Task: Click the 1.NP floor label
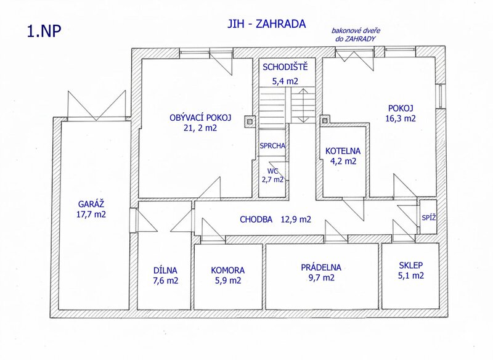[x=44, y=31]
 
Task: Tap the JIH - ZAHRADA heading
[x=267, y=24]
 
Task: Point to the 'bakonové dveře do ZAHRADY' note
[x=356, y=35]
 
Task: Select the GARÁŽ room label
[x=91, y=204]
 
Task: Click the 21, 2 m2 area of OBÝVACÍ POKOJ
[x=201, y=128]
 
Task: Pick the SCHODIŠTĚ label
[x=285, y=67]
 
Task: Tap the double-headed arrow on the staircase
[x=303, y=105]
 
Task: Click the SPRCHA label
[x=272, y=146]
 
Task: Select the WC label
[x=272, y=171]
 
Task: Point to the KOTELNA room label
[x=343, y=151]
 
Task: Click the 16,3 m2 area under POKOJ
[x=401, y=118]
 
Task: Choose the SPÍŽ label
[x=429, y=217]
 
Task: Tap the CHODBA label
[x=256, y=219]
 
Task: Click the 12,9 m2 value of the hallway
[x=296, y=219]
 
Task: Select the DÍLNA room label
[x=165, y=270]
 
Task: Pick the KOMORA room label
[x=227, y=270]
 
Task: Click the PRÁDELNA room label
[x=321, y=268]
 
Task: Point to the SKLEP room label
[x=411, y=265]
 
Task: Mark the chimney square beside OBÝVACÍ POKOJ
[x=250, y=121]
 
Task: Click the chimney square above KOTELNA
[x=325, y=120]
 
